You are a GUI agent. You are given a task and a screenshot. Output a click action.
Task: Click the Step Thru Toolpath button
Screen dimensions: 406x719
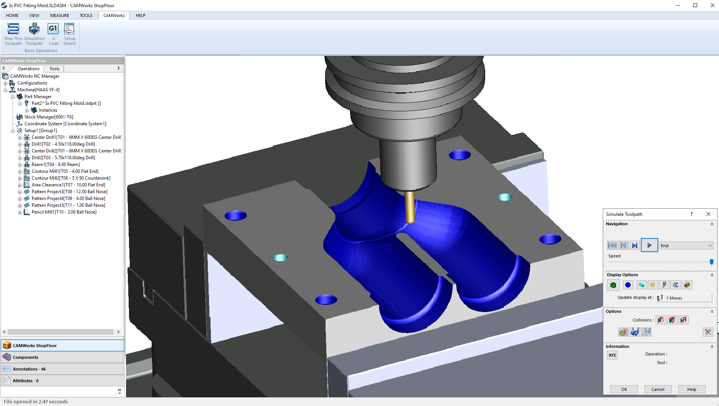click(13, 34)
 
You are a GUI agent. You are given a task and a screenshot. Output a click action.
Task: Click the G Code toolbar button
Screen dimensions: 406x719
click(53, 34)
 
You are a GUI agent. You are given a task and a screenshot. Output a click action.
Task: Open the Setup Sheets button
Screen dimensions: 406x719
click(69, 34)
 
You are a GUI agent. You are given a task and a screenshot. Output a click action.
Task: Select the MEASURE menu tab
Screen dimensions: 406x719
click(60, 15)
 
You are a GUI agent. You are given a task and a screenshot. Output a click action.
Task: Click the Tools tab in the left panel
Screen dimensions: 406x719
click(54, 69)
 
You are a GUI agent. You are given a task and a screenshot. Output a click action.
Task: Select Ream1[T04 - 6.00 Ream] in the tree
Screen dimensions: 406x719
click(55, 165)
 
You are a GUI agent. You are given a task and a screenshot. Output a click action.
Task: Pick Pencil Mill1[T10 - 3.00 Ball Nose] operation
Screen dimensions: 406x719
click(64, 212)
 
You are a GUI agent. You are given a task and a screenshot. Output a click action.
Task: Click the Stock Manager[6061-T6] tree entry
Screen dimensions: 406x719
click(49, 117)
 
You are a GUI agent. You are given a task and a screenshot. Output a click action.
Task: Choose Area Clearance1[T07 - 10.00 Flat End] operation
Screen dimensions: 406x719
click(68, 185)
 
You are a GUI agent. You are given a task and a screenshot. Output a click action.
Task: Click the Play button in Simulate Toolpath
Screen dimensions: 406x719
click(649, 245)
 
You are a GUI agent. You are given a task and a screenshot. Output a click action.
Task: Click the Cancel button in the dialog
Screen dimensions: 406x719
click(658, 389)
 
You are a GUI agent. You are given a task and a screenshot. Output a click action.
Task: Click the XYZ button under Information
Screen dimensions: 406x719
click(612, 355)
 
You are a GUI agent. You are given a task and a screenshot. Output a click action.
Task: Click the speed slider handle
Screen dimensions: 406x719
click(711, 261)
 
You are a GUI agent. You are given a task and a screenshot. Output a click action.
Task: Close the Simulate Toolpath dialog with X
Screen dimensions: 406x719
click(708, 214)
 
